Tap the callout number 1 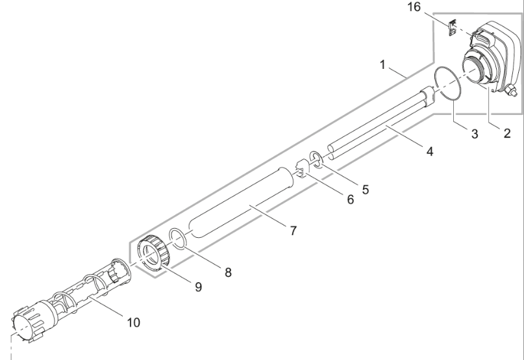[384, 66]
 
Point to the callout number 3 [475, 135]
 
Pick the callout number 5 [365, 189]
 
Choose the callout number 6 [350, 200]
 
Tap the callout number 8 [228, 272]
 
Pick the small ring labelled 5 [316, 157]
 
